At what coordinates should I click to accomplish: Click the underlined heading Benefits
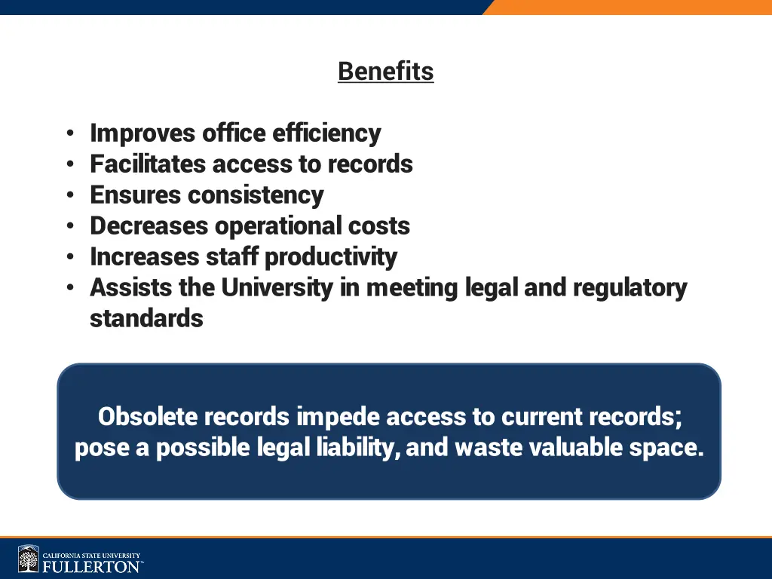385,72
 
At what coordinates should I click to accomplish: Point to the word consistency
256,195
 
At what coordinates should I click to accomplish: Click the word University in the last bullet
277,288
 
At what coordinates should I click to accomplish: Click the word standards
146,319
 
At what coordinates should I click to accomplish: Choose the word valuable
577,448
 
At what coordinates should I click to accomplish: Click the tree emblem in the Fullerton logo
29,559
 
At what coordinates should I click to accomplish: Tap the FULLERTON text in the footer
90,566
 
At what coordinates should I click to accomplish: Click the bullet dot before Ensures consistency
69,196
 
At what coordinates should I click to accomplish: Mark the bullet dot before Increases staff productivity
69,258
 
